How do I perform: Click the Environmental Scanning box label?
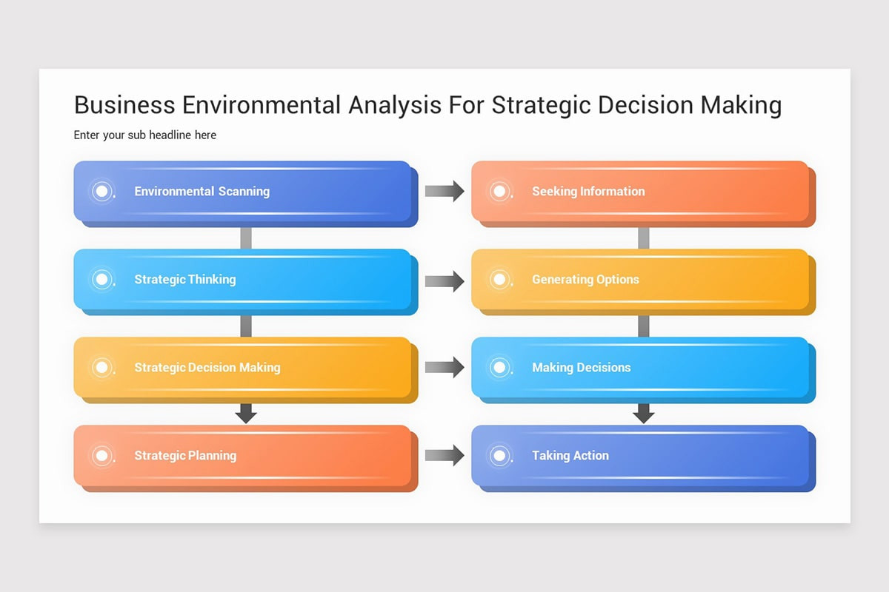pyautogui.click(x=202, y=191)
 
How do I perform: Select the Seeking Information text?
pyautogui.click(x=588, y=191)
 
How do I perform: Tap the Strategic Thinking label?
pyautogui.click(x=185, y=279)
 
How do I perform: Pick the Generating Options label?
pyautogui.click(x=585, y=279)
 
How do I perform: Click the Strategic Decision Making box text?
pyautogui.click(x=207, y=367)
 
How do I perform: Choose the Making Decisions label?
pyautogui.click(x=582, y=367)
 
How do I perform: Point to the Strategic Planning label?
pyautogui.click(x=185, y=455)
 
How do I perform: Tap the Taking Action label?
pyautogui.click(x=570, y=455)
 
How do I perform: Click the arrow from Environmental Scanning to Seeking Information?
pyautogui.click(x=444, y=191)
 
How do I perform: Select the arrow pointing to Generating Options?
pyautogui.click(x=444, y=280)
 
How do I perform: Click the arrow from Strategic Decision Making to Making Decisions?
pyautogui.click(x=444, y=367)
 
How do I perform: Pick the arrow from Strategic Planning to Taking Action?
pyautogui.click(x=444, y=455)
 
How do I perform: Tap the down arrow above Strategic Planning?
pyautogui.click(x=246, y=414)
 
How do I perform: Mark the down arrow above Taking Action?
pyautogui.click(x=644, y=414)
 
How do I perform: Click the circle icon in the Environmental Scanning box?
pyautogui.click(x=102, y=192)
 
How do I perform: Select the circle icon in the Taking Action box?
pyautogui.click(x=500, y=455)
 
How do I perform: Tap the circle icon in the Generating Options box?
pyautogui.click(x=500, y=279)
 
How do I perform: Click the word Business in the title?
pyautogui.click(x=124, y=105)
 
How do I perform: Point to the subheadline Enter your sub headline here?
pyautogui.click(x=145, y=135)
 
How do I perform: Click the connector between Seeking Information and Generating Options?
pyautogui.click(x=644, y=238)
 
